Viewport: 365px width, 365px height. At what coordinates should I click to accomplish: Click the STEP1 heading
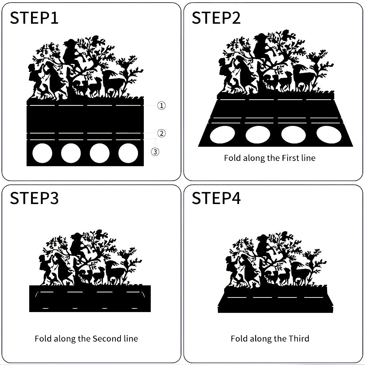(34, 18)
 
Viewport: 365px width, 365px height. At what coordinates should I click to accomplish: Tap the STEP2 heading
(216, 18)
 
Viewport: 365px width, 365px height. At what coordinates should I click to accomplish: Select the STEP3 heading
(34, 198)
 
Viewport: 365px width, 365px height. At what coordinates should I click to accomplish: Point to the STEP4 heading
(216, 198)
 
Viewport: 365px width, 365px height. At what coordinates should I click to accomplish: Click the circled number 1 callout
(161, 105)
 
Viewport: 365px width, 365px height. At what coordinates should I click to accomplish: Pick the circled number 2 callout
(161, 133)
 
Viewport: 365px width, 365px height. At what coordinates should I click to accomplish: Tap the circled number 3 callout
(155, 152)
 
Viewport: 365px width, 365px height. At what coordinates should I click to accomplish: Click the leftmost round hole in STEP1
(42, 153)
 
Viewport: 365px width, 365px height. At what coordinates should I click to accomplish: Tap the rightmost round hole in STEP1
(128, 153)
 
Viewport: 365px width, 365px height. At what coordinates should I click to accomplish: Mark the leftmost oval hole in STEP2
(222, 135)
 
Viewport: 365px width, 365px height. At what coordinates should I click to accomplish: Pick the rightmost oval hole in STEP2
(329, 135)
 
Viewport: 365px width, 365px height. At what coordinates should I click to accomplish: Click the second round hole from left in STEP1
(71, 153)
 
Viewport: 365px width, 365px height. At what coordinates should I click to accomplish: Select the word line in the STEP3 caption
(131, 338)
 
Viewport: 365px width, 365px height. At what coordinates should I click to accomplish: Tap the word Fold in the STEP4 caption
(238, 338)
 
